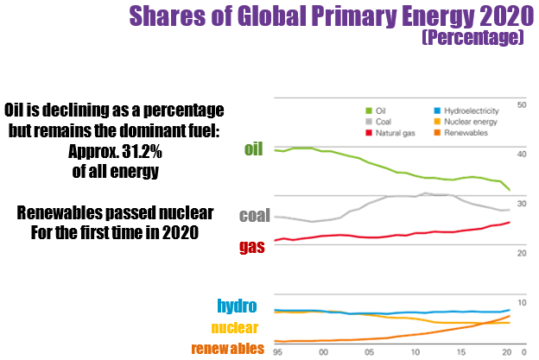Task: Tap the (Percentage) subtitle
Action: tap(472, 39)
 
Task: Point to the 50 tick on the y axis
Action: tap(521, 104)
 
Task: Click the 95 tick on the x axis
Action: tap(277, 351)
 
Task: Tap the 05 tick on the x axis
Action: tap(369, 351)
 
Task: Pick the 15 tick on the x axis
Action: tap(461, 351)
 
